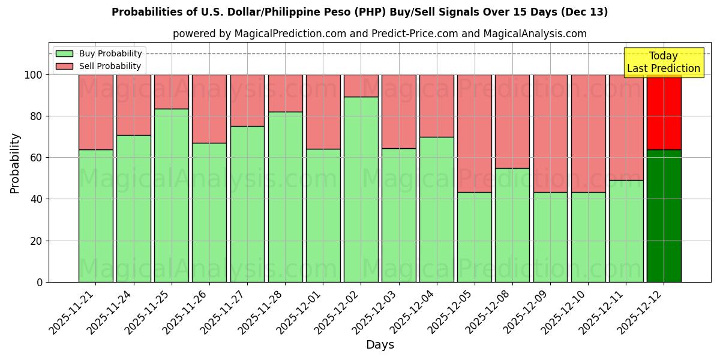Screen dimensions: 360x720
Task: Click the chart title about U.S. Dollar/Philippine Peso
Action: pyautogui.click(x=359, y=12)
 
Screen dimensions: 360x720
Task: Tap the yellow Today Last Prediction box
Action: pyautogui.click(x=663, y=62)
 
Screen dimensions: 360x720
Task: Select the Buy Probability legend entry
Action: pyautogui.click(x=99, y=53)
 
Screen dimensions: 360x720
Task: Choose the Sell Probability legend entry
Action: pyautogui.click(x=99, y=66)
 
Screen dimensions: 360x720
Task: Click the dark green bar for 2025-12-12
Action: pyautogui.click(x=664, y=215)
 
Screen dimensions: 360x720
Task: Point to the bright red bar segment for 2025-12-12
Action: pyautogui.click(x=664, y=112)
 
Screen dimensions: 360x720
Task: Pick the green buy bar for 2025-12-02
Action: pyautogui.click(x=361, y=189)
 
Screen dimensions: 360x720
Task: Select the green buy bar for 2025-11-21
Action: pyautogui.click(x=95, y=215)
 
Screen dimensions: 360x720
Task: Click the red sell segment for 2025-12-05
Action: pyautogui.click(x=474, y=133)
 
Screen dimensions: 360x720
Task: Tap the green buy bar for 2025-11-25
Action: pyautogui.click(x=172, y=195)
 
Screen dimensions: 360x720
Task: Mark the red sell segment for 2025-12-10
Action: pyautogui.click(x=588, y=133)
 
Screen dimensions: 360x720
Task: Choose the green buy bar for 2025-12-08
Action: pyautogui.click(x=512, y=225)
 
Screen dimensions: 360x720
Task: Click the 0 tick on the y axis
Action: pyautogui.click(x=40, y=282)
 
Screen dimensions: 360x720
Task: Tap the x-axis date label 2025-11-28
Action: pyautogui.click(x=264, y=318)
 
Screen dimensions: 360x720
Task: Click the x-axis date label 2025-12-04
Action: pyautogui.click(x=416, y=318)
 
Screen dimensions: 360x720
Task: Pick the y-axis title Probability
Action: pyautogui.click(x=15, y=163)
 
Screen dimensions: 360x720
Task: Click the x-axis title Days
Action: pyautogui.click(x=380, y=345)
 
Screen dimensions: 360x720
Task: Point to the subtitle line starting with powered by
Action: pyautogui.click(x=379, y=34)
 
